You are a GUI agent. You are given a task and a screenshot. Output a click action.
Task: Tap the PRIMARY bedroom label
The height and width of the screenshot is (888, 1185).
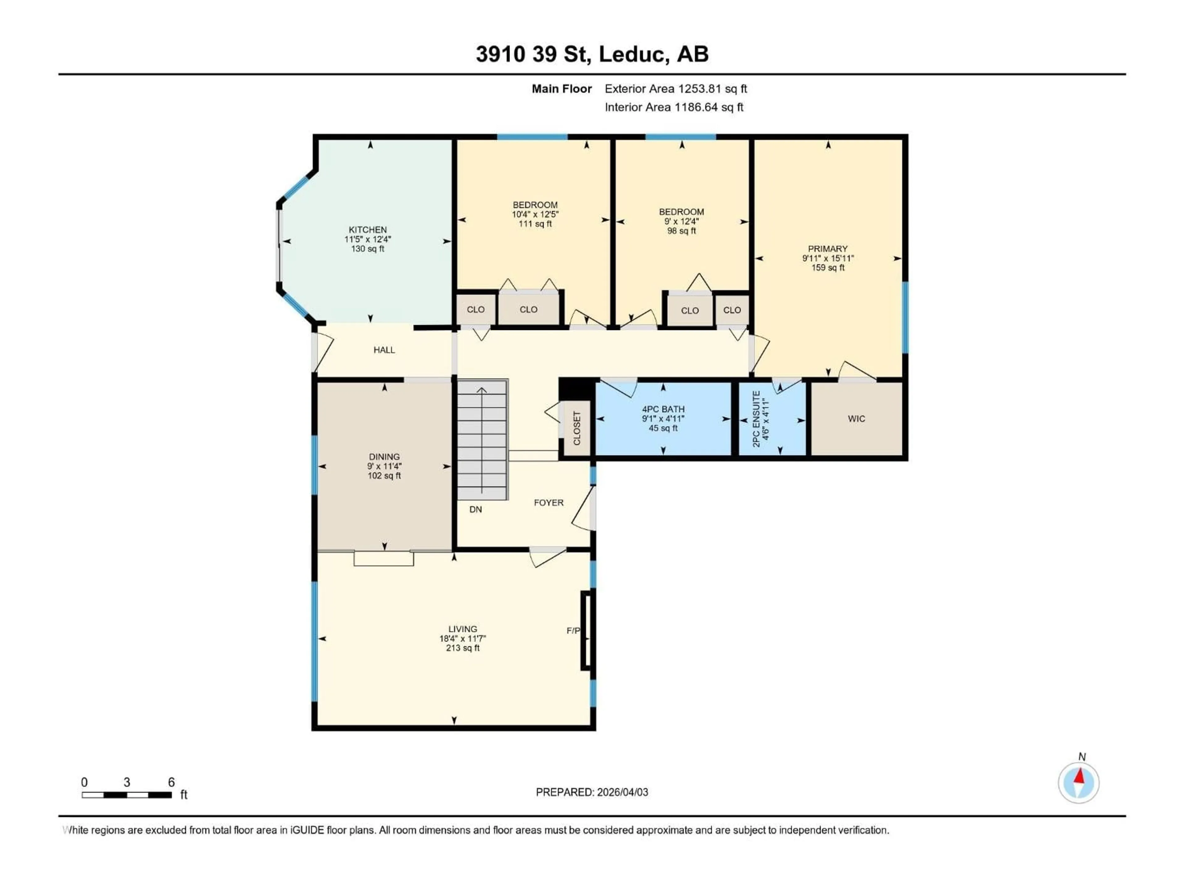coord(828,249)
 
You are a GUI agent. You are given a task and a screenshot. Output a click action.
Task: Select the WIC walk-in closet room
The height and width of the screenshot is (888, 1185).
coord(856,419)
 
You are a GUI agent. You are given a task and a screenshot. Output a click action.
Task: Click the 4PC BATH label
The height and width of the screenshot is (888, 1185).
coord(663,409)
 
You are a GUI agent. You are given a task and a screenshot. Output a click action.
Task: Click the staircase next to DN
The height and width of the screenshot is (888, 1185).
coord(482,440)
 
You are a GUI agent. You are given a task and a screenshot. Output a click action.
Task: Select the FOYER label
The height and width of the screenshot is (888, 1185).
coord(549,503)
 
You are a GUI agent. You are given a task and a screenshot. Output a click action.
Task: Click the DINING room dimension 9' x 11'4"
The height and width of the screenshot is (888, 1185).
coord(384,466)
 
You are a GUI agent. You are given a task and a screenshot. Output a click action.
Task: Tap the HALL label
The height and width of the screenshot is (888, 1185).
coord(384,350)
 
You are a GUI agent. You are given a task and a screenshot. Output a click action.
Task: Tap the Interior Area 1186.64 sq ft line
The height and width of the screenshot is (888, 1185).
coord(674,107)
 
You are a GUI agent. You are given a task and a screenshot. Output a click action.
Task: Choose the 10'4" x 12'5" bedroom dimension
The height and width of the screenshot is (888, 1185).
coord(535,214)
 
